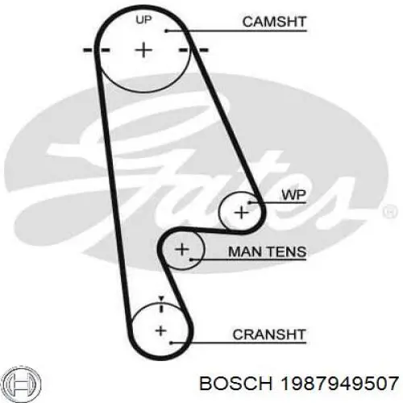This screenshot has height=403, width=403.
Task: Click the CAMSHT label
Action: point(274,22)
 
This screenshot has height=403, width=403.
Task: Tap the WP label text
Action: point(293,194)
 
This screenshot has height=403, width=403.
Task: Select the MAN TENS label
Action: point(267,251)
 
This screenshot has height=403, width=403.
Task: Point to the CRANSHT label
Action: point(269,334)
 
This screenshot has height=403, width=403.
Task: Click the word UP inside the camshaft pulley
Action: point(143,19)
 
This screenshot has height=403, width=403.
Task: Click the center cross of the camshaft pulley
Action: point(143,50)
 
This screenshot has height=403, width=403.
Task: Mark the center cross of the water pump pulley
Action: point(242,213)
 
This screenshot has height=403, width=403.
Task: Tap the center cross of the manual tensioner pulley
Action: point(182,249)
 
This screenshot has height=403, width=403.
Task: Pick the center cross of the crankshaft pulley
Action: point(160,330)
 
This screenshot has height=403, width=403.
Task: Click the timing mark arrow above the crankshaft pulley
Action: point(161,298)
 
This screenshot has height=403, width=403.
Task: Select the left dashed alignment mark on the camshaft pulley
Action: point(97,50)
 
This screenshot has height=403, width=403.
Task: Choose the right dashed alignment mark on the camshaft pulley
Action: point(193,50)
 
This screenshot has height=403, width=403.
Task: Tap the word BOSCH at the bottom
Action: point(236,384)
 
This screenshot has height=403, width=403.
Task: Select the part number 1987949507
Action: point(339,384)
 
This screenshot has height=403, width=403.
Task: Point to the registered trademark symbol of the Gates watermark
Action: point(390,211)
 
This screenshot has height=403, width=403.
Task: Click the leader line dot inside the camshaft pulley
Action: point(166,31)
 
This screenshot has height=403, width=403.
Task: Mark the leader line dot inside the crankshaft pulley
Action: point(171,343)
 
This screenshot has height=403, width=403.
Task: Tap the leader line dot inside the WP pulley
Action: point(249,202)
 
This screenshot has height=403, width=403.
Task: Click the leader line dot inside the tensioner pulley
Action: point(190,260)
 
